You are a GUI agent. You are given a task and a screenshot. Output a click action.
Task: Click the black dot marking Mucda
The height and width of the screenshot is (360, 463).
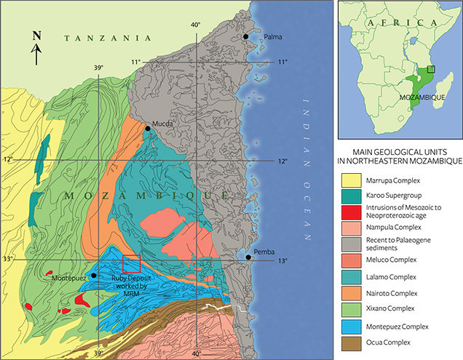(148, 128)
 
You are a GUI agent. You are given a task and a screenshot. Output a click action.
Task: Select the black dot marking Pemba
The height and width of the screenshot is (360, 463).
(250, 257)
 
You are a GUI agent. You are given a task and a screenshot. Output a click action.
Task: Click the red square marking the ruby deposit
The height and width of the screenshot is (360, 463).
(131, 264)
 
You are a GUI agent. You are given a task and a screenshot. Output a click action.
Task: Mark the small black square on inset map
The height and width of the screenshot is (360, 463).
(431, 69)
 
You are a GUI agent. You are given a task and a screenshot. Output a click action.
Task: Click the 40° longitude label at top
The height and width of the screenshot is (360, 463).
(195, 25)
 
